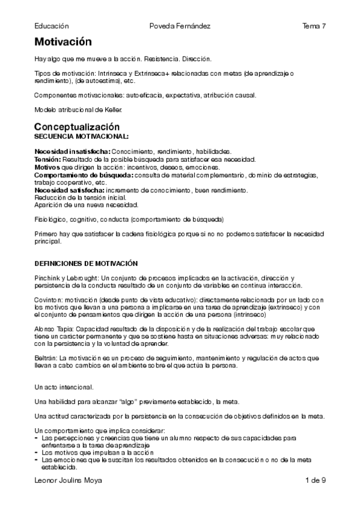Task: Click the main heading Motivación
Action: point(63,42)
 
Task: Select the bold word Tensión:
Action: point(47,159)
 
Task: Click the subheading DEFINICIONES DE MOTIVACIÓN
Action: point(86,263)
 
